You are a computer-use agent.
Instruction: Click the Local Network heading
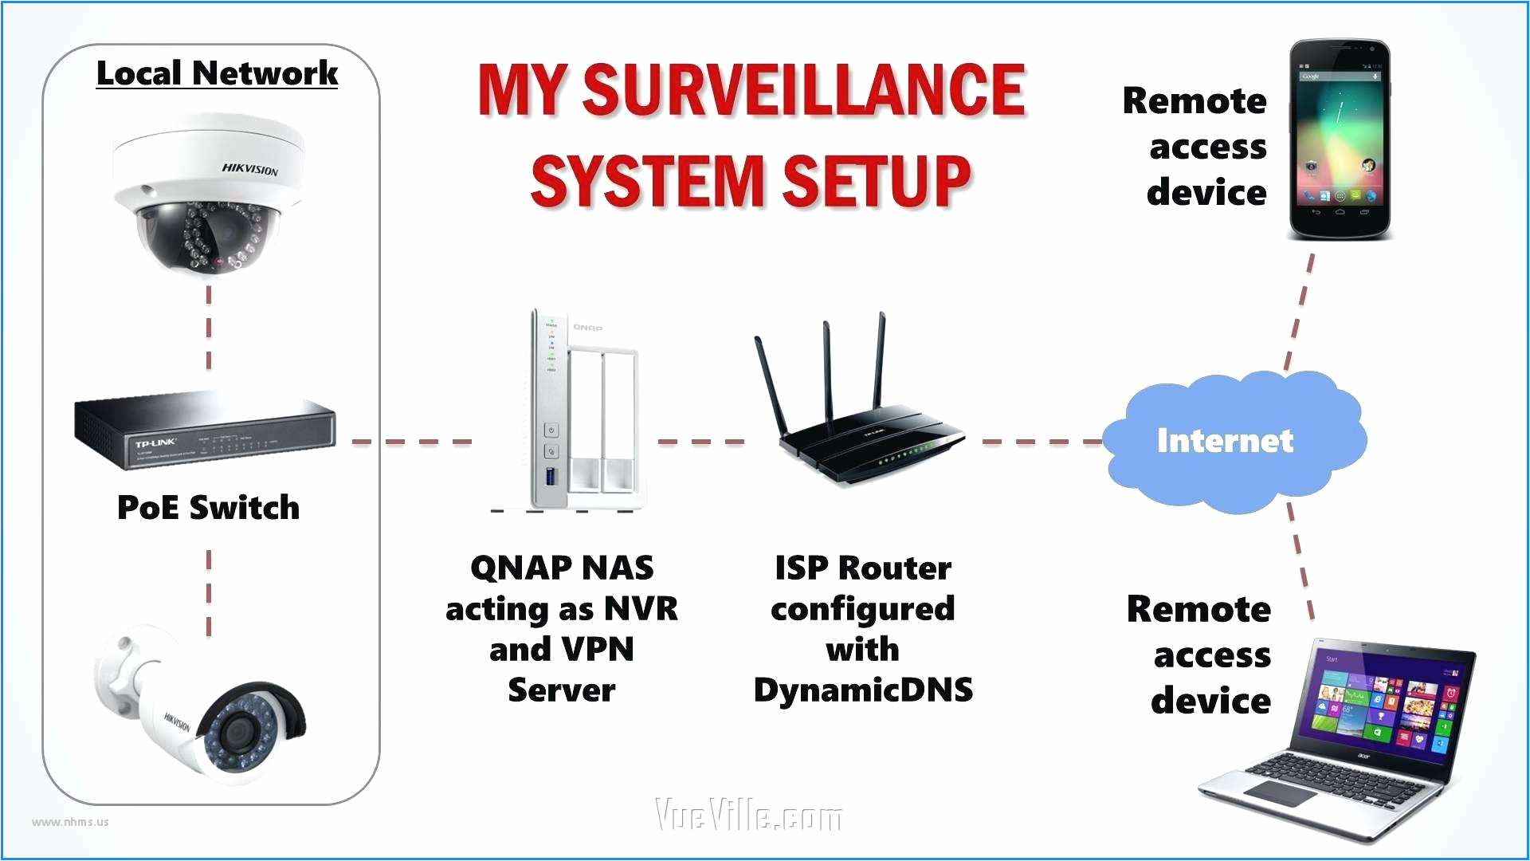217,73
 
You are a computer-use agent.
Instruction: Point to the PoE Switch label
208,508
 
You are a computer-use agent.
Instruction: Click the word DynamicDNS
863,690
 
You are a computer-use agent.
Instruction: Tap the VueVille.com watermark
747,815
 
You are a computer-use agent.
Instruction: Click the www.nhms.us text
70,822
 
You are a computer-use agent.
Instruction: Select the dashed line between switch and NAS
411,441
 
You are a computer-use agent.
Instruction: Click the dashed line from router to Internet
1040,441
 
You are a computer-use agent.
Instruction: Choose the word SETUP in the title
876,180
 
